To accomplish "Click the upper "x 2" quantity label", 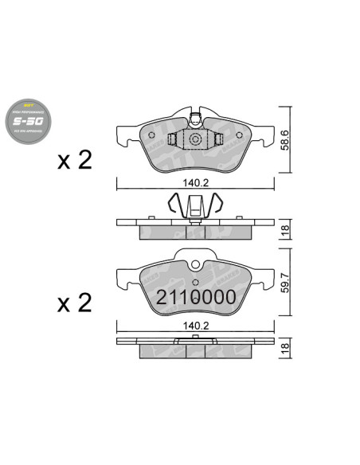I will pyautogui.click(x=75, y=161).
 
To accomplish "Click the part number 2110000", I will pyautogui.click(x=196, y=299).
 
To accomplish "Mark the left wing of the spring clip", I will pyautogui.click(x=178, y=206).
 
